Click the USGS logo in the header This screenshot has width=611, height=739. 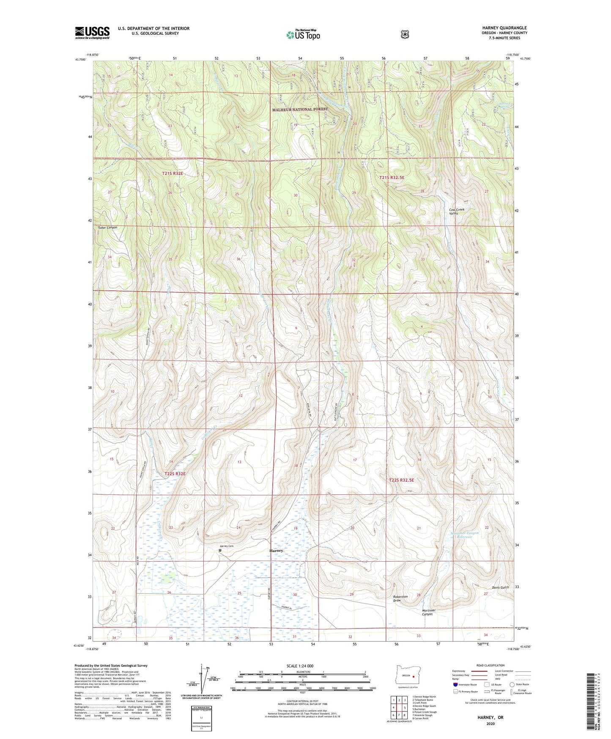click(92, 33)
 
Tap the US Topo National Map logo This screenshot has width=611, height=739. click(303, 35)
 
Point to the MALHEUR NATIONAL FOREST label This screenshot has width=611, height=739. click(300, 109)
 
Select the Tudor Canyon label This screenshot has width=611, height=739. click(107, 228)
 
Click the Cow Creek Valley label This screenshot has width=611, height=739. click(460, 212)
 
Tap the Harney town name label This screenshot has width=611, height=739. click(276, 551)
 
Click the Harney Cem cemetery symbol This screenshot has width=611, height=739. click(220, 551)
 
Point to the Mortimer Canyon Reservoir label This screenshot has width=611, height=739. click(464, 535)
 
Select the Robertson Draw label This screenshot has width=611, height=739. click(400, 598)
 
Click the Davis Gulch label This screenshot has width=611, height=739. click(501, 587)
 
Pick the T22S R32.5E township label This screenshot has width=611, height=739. click(401, 480)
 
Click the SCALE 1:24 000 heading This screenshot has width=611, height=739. click(300, 666)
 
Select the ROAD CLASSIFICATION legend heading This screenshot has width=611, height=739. click(490, 665)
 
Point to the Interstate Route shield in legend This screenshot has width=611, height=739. click(455, 684)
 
